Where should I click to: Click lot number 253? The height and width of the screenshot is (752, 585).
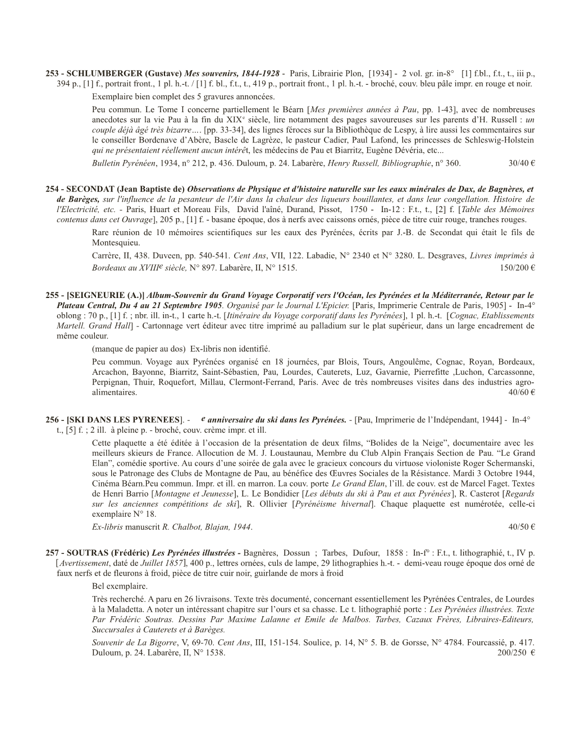pos(52,74)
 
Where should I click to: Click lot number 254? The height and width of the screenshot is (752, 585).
pos(52,189)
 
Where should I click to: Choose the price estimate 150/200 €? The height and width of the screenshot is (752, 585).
pos(517,268)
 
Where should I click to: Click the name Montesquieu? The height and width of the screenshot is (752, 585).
pos(117,243)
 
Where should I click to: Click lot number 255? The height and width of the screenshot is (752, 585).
pos(52,295)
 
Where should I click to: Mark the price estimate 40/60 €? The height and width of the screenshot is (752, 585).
pos(521,392)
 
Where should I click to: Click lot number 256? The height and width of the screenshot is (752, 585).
pos(52,419)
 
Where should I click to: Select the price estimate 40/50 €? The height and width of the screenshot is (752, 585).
pos(521,527)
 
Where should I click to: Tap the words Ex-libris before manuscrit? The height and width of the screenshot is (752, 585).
pos(107,527)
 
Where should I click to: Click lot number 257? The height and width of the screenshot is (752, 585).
pos(52,553)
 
